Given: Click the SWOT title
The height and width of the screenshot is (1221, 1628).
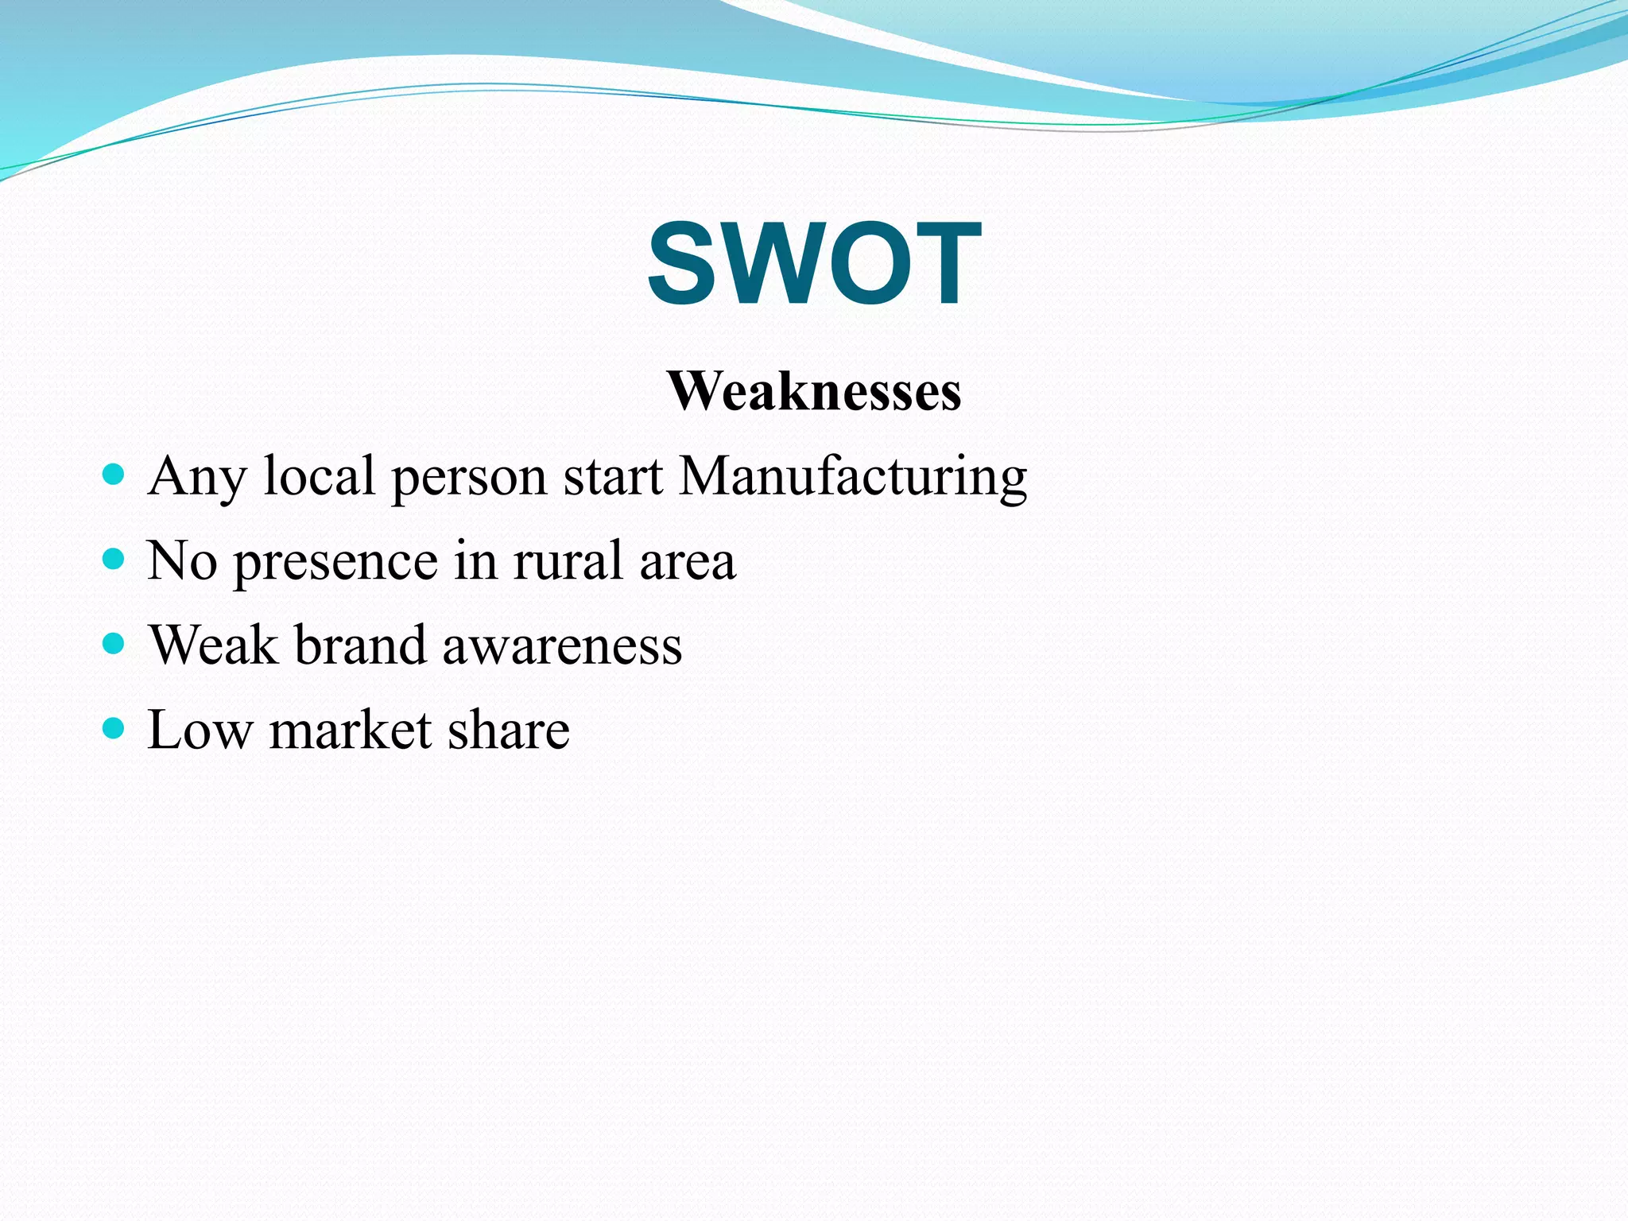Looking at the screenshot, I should (814, 263).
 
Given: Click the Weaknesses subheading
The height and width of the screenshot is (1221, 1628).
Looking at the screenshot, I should (814, 391).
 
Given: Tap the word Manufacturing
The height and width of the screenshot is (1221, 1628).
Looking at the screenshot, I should (853, 476).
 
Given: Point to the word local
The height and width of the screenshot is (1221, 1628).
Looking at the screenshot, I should (319, 476).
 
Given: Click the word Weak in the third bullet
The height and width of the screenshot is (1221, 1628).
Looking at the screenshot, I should (213, 645).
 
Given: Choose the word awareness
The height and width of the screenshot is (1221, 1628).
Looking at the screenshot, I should (562, 646).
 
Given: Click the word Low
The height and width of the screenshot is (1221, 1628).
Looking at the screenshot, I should (200, 730).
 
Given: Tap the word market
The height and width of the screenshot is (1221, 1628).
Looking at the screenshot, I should (351, 730).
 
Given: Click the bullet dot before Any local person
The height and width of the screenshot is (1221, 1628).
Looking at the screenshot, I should (114, 475).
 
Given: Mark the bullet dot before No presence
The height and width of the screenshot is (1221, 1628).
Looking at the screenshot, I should (114, 560).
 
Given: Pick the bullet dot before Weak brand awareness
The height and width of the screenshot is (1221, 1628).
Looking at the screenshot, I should (114, 643).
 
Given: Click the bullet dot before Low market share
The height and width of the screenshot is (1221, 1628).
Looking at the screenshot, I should (114, 727).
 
